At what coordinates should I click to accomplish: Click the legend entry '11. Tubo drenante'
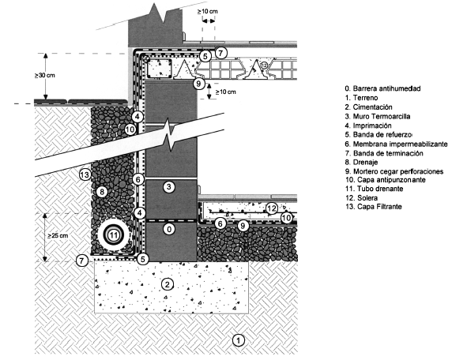point(375,189)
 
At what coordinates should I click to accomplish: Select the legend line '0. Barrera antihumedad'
point(382,88)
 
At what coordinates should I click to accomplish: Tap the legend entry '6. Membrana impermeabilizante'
point(397,144)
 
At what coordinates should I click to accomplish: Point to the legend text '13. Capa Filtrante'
point(373,207)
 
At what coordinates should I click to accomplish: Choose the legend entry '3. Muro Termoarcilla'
point(378,116)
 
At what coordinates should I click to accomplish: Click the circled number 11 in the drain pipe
point(114,235)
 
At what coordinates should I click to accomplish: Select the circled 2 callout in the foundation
point(168,284)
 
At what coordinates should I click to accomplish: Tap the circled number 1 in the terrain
point(239,340)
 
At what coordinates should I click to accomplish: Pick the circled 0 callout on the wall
point(169,229)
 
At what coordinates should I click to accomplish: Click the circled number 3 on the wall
point(169,187)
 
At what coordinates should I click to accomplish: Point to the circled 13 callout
point(85,174)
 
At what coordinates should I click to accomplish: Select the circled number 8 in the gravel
point(102,192)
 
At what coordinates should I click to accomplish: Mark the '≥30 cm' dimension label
point(45,76)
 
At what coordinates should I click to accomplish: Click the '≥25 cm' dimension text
point(58,235)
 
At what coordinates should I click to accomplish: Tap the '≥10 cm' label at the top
point(208,12)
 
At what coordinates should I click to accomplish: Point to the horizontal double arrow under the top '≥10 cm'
point(209,21)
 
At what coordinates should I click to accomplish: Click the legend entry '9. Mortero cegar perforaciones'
point(394,171)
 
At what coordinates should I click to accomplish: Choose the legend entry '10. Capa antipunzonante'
point(386,180)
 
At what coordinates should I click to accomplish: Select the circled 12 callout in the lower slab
point(272,208)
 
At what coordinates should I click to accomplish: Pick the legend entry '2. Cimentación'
point(369,107)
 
